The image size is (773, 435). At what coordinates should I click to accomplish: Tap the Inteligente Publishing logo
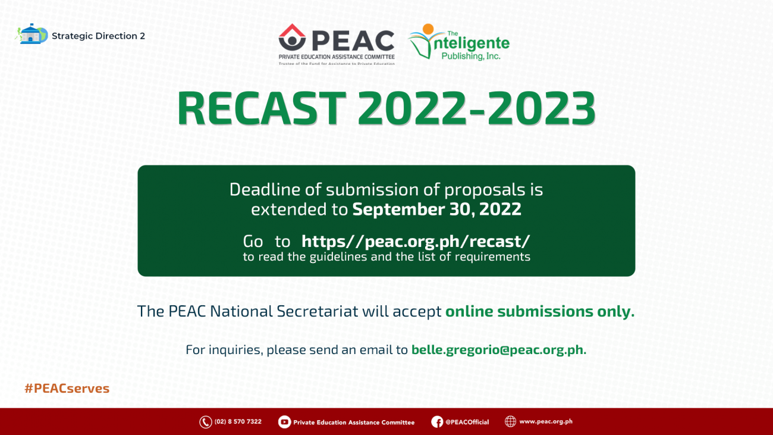pyautogui.click(x=458, y=43)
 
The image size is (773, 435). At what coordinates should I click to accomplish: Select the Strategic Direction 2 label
pyautogui.click(x=98, y=36)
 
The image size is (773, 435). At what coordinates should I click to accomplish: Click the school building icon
pyautogui.click(x=31, y=34)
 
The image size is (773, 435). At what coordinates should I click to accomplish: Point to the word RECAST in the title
pyautogui.click(x=262, y=108)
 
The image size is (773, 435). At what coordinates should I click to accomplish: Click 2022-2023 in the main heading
pyautogui.click(x=476, y=108)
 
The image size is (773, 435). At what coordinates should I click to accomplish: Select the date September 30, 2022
pyautogui.click(x=436, y=209)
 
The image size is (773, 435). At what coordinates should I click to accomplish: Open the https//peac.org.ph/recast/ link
pyautogui.click(x=415, y=241)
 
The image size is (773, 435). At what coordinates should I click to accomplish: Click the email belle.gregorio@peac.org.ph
pyautogui.click(x=498, y=350)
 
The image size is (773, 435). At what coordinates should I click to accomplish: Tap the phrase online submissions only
pyautogui.click(x=539, y=311)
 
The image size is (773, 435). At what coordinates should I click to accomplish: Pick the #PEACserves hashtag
pyautogui.click(x=67, y=389)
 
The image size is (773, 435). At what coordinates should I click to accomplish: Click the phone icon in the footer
pyautogui.click(x=206, y=422)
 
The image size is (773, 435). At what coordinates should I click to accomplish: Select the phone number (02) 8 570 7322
pyautogui.click(x=238, y=422)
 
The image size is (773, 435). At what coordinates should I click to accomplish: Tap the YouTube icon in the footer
pyautogui.click(x=284, y=422)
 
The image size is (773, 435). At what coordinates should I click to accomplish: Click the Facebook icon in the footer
pyautogui.click(x=437, y=422)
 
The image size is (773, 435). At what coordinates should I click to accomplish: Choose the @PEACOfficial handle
pyautogui.click(x=467, y=422)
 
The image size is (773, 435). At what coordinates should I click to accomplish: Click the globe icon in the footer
pyautogui.click(x=510, y=421)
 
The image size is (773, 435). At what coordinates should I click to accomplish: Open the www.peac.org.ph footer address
pyautogui.click(x=545, y=421)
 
